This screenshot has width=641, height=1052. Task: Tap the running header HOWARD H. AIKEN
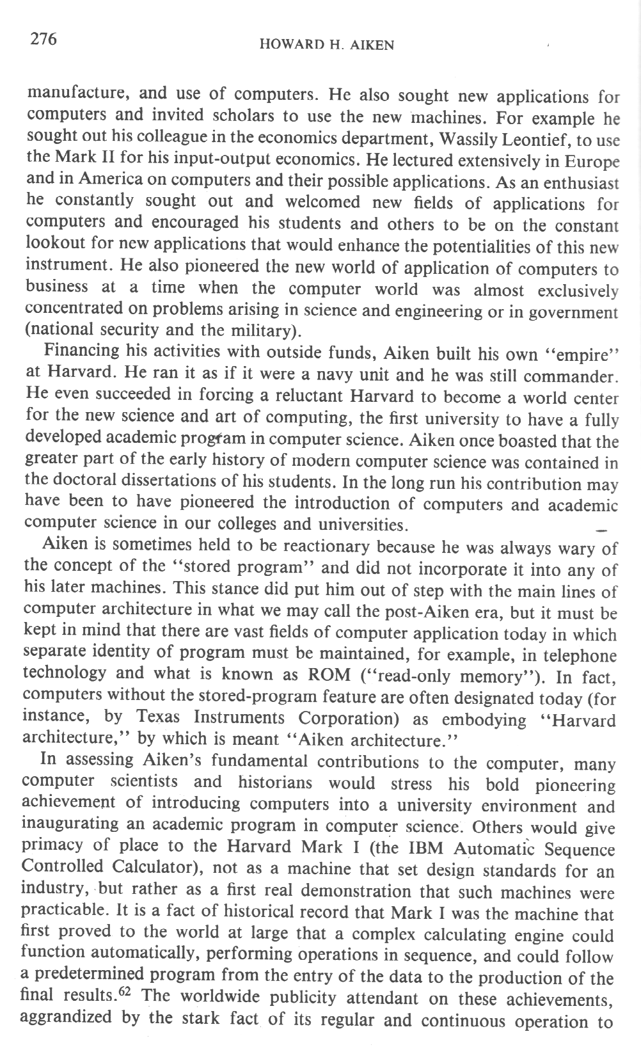click(326, 45)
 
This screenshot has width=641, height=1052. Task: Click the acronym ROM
click(329, 675)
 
